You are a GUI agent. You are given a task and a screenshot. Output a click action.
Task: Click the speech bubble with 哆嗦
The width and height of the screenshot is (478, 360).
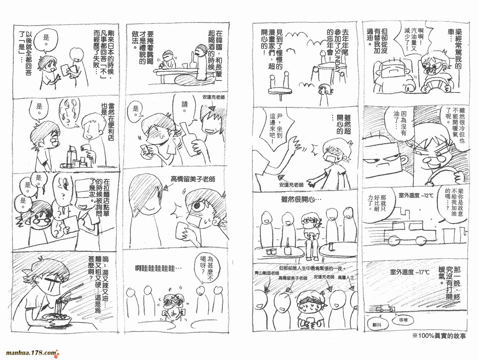tap(403, 320)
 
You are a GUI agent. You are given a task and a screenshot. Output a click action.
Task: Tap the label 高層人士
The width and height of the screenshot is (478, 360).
tap(346, 278)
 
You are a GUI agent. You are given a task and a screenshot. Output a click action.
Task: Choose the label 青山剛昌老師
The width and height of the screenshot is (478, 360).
tap(266, 273)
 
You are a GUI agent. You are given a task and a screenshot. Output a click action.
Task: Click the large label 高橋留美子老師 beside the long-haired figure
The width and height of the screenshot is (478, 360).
tap(193, 179)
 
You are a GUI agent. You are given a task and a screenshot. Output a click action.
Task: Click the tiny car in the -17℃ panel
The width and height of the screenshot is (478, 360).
tap(385, 309)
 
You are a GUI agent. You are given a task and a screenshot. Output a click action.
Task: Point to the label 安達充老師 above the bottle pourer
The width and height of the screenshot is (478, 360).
tap(213, 97)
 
